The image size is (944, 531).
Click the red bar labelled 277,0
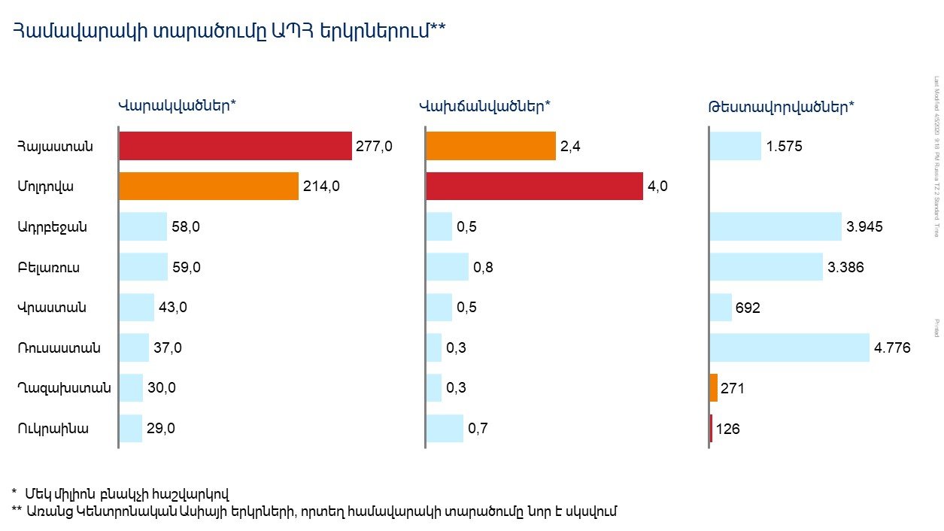click(235, 146)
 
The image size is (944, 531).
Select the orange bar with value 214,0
click(208, 187)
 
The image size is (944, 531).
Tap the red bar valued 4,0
click(534, 187)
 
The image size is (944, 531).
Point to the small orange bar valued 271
click(714, 388)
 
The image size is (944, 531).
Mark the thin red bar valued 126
click(711, 429)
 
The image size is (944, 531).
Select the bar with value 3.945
click(776, 226)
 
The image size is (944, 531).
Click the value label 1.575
click(785, 147)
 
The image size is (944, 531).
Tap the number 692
click(749, 308)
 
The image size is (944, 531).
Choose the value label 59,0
click(187, 267)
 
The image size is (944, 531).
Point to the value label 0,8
click(483, 267)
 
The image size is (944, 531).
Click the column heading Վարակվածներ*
click(178, 105)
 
